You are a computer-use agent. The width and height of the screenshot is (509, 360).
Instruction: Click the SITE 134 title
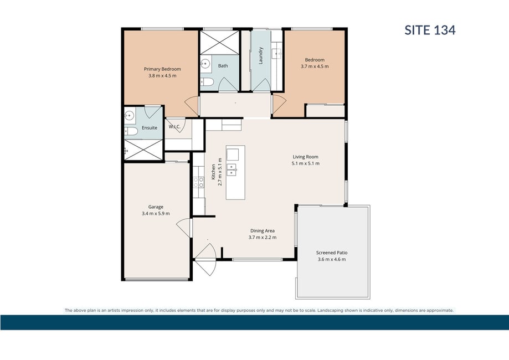click(x=430, y=30)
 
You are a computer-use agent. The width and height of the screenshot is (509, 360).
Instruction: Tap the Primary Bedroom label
click(x=162, y=69)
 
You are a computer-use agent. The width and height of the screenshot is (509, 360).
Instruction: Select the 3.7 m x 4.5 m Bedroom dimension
click(x=315, y=66)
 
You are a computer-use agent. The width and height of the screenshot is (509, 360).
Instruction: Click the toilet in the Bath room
click(x=207, y=82)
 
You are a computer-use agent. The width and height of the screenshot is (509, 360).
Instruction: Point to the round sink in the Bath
click(x=205, y=64)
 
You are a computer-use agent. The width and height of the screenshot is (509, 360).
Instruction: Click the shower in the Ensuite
click(x=143, y=150)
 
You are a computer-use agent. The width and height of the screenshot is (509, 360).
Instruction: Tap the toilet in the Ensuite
click(x=131, y=131)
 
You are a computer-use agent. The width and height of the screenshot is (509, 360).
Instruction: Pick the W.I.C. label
click(x=174, y=127)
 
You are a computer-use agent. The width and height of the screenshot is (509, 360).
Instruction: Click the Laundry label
click(x=260, y=55)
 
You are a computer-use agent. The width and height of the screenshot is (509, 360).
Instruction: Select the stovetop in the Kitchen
click(x=198, y=182)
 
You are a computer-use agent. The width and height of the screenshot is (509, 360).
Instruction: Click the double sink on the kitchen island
click(x=232, y=170)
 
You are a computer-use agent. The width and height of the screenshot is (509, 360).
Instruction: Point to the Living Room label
click(x=306, y=157)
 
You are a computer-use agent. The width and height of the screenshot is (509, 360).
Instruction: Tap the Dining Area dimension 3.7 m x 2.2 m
click(x=263, y=237)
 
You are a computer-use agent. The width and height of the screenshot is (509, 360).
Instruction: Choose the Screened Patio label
click(x=332, y=253)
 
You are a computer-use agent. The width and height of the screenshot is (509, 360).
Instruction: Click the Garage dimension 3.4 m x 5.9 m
click(x=156, y=214)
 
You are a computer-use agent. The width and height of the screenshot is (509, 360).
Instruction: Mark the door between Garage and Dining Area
click(x=184, y=228)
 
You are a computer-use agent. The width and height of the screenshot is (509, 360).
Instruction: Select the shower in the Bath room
click(x=219, y=42)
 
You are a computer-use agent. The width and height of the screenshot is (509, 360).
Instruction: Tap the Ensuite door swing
click(x=153, y=112)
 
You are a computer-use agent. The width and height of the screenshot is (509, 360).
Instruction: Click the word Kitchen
click(x=213, y=172)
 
